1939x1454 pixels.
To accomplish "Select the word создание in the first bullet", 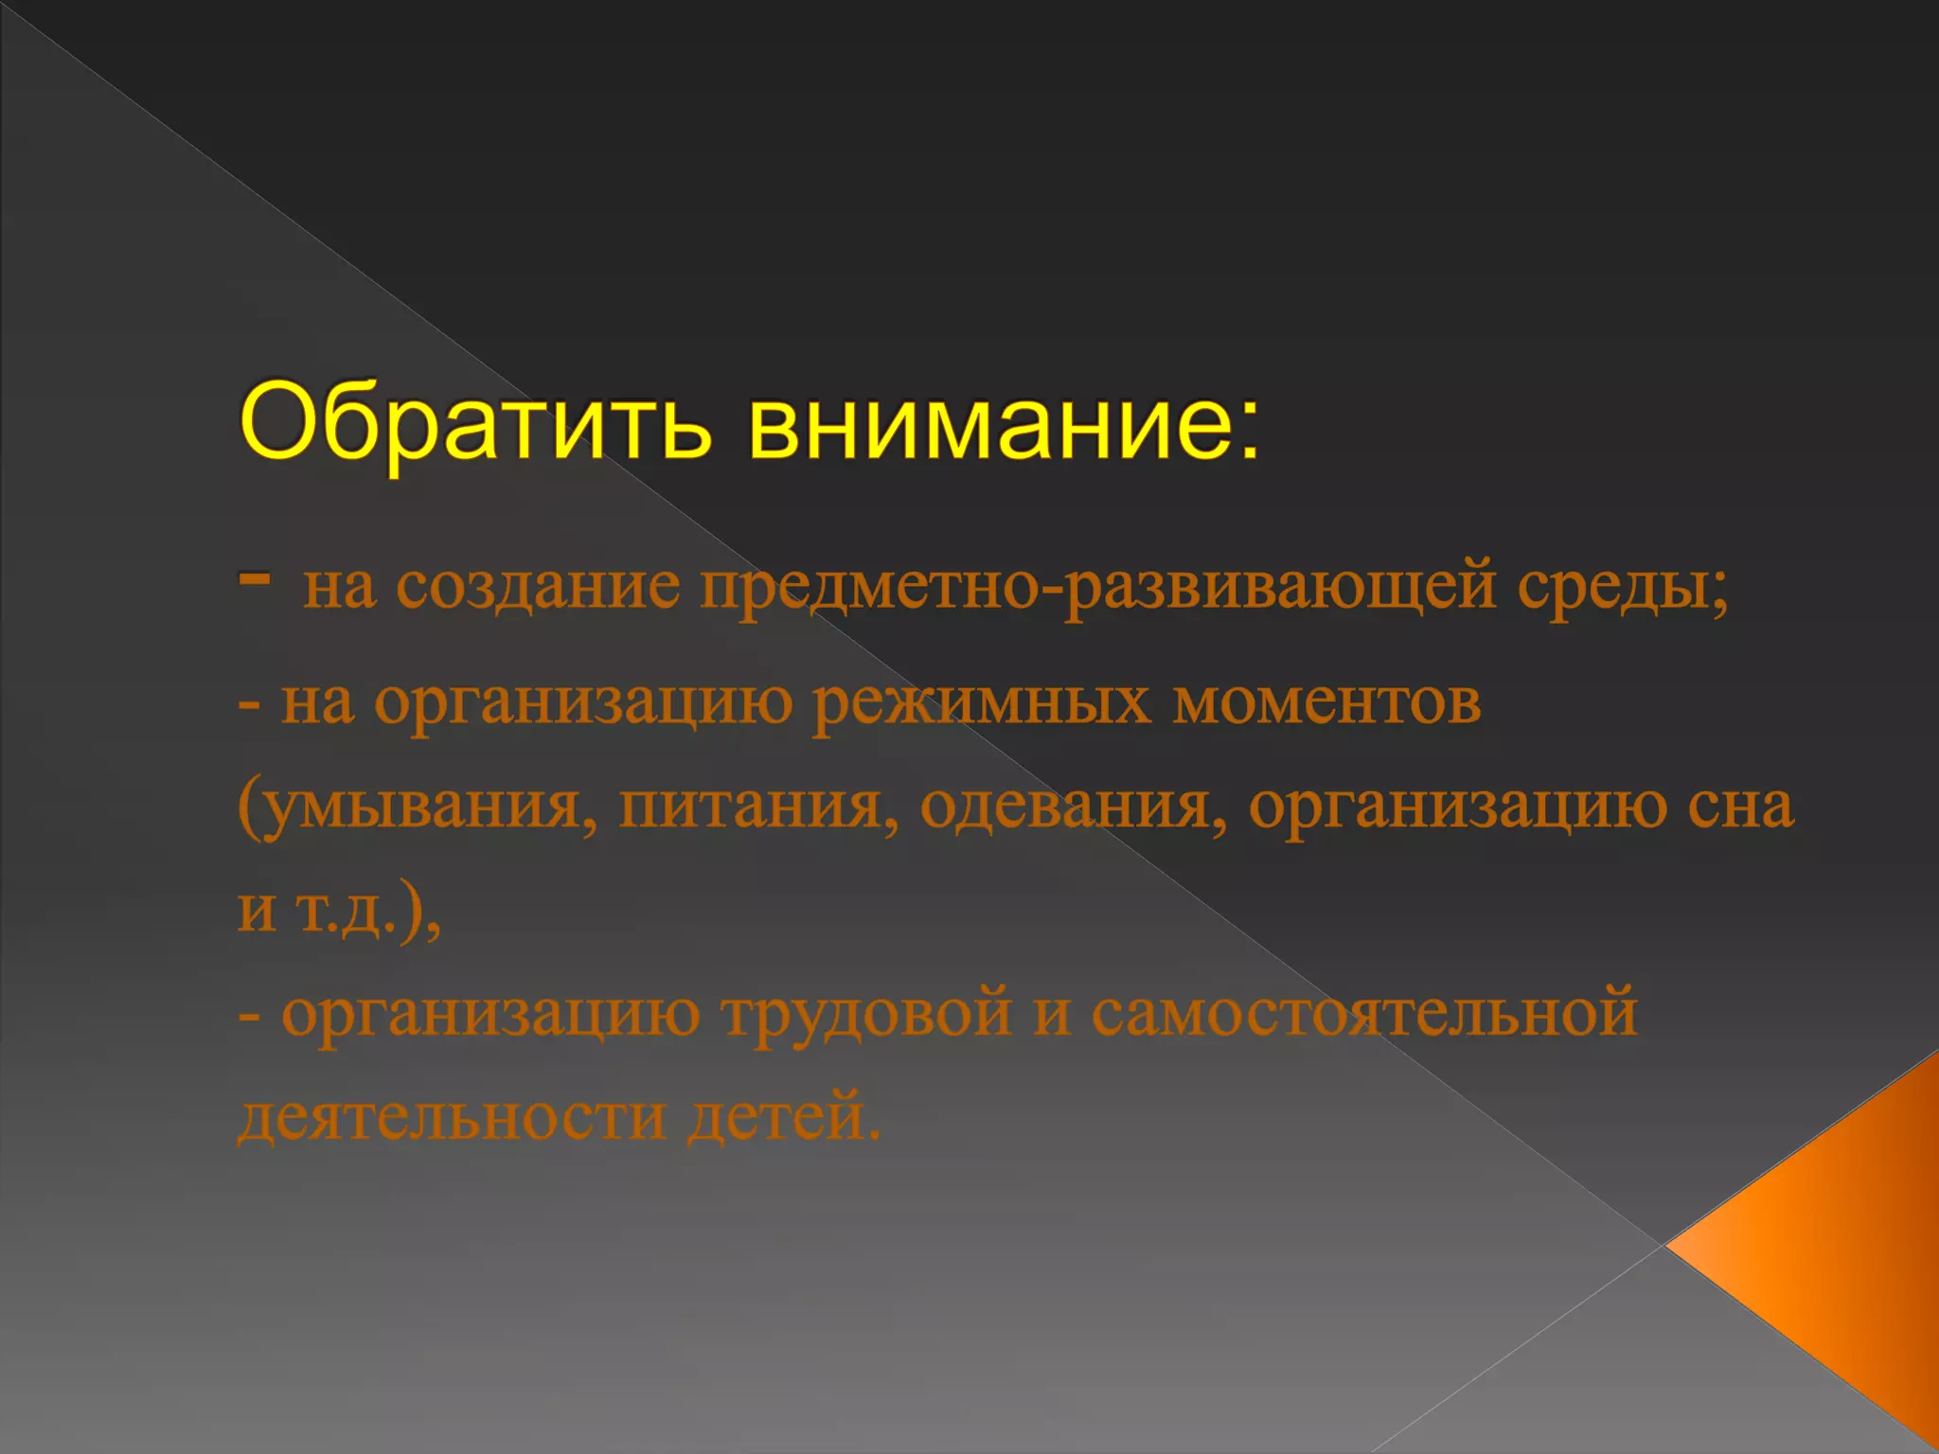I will pos(537,586).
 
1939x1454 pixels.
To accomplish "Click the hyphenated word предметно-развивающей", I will pos(1098,586).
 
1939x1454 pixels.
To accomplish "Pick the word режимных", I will pos(981,702).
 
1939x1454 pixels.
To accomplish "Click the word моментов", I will pos(1326,702).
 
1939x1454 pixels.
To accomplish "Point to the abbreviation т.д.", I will pos(346,911).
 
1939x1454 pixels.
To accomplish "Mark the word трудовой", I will pos(866,1014).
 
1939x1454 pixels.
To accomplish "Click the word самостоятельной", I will pos(1363,1014).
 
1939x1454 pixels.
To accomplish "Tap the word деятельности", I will pos(452,1117).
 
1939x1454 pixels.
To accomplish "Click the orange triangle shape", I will pos(1846,1250).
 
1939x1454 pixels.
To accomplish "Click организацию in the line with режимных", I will pos(583,702).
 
